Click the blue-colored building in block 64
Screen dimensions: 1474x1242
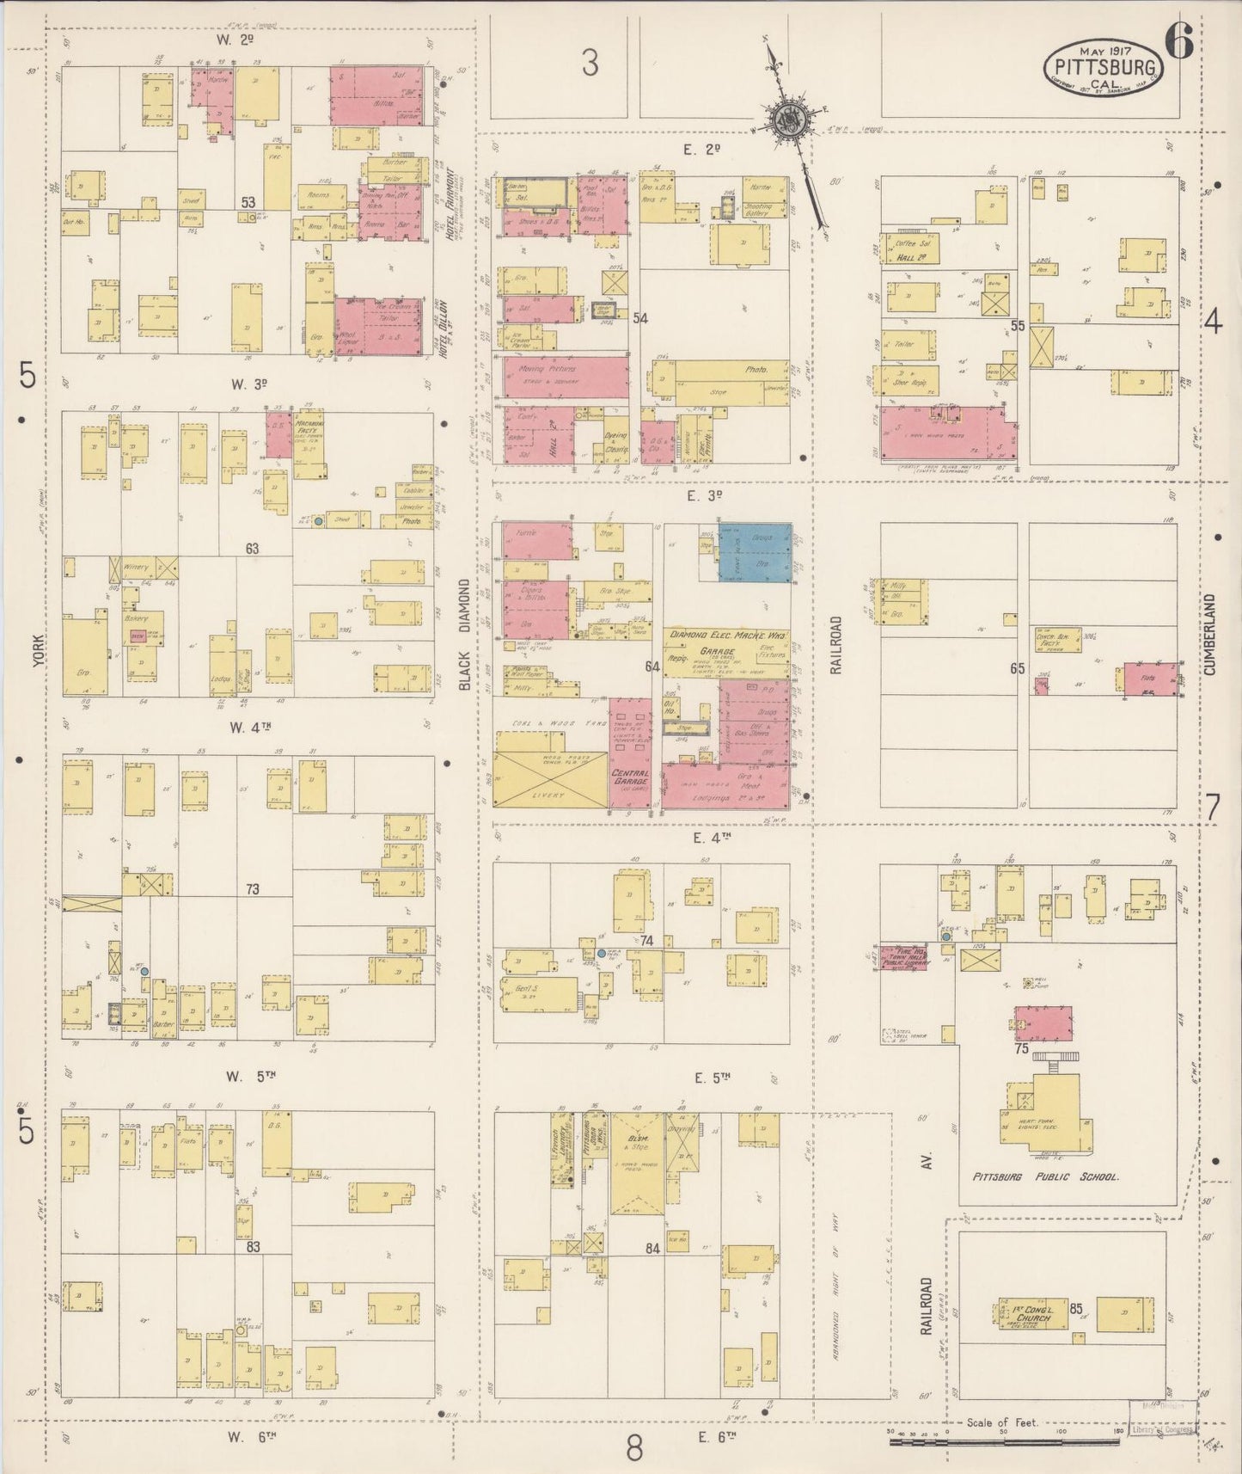click(x=755, y=553)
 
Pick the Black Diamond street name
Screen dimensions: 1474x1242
click(x=465, y=634)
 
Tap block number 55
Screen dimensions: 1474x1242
click(x=1018, y=326)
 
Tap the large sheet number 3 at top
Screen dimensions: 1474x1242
click(x=589, y=63)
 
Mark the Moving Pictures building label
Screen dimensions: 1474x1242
click(x=548, y=369)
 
